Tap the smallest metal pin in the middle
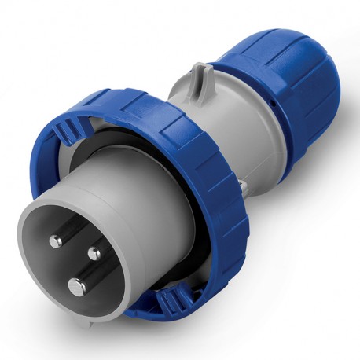[94, 252]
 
